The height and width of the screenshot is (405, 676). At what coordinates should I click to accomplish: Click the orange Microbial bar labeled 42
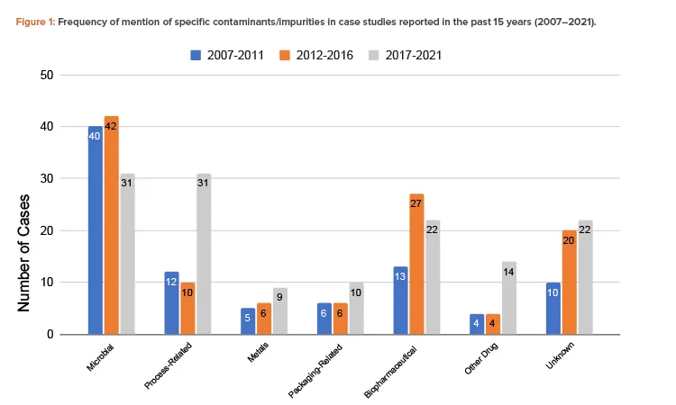point(111,225)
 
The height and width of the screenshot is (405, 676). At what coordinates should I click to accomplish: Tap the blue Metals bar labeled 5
point(249,321)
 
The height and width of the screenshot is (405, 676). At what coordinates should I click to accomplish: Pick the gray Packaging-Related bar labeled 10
point(357,308)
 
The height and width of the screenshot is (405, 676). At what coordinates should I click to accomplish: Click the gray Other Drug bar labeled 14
point(510,298)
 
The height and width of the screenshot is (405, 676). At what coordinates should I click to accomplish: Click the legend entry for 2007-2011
point(226,56)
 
